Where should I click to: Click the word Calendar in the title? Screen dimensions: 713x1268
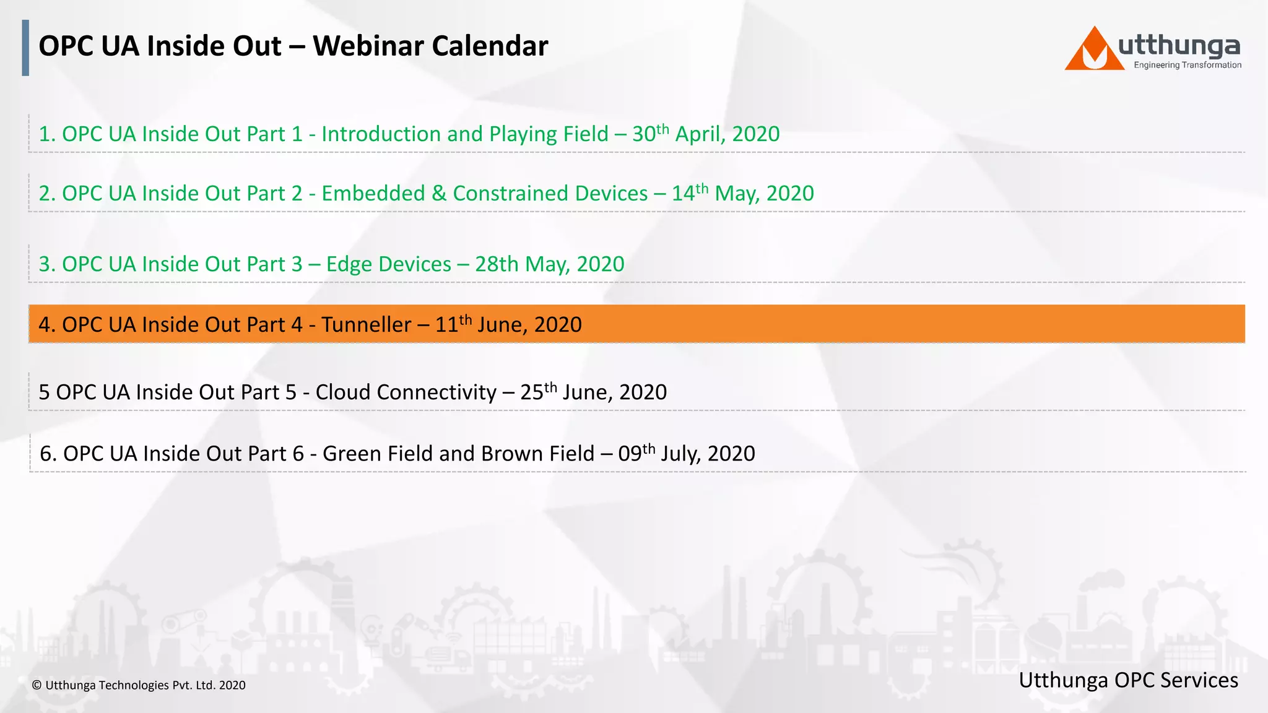[490, 46]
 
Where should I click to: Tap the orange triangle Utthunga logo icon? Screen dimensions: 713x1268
[1093, 50]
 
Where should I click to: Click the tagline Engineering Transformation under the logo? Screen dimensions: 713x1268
[1187, 65]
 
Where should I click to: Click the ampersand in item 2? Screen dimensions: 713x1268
[439, 194]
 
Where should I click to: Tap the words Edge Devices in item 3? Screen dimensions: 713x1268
[388, 264]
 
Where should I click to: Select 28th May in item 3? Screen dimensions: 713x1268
[523, 264]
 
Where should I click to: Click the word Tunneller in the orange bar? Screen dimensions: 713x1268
[366, 325]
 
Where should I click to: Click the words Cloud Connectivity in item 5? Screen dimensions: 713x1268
[406, 392]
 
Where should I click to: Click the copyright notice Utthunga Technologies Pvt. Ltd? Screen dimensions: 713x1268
[139, 685]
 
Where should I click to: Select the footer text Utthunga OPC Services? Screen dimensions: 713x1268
[1128, 680]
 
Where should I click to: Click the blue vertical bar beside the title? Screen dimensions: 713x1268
[25, 48]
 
